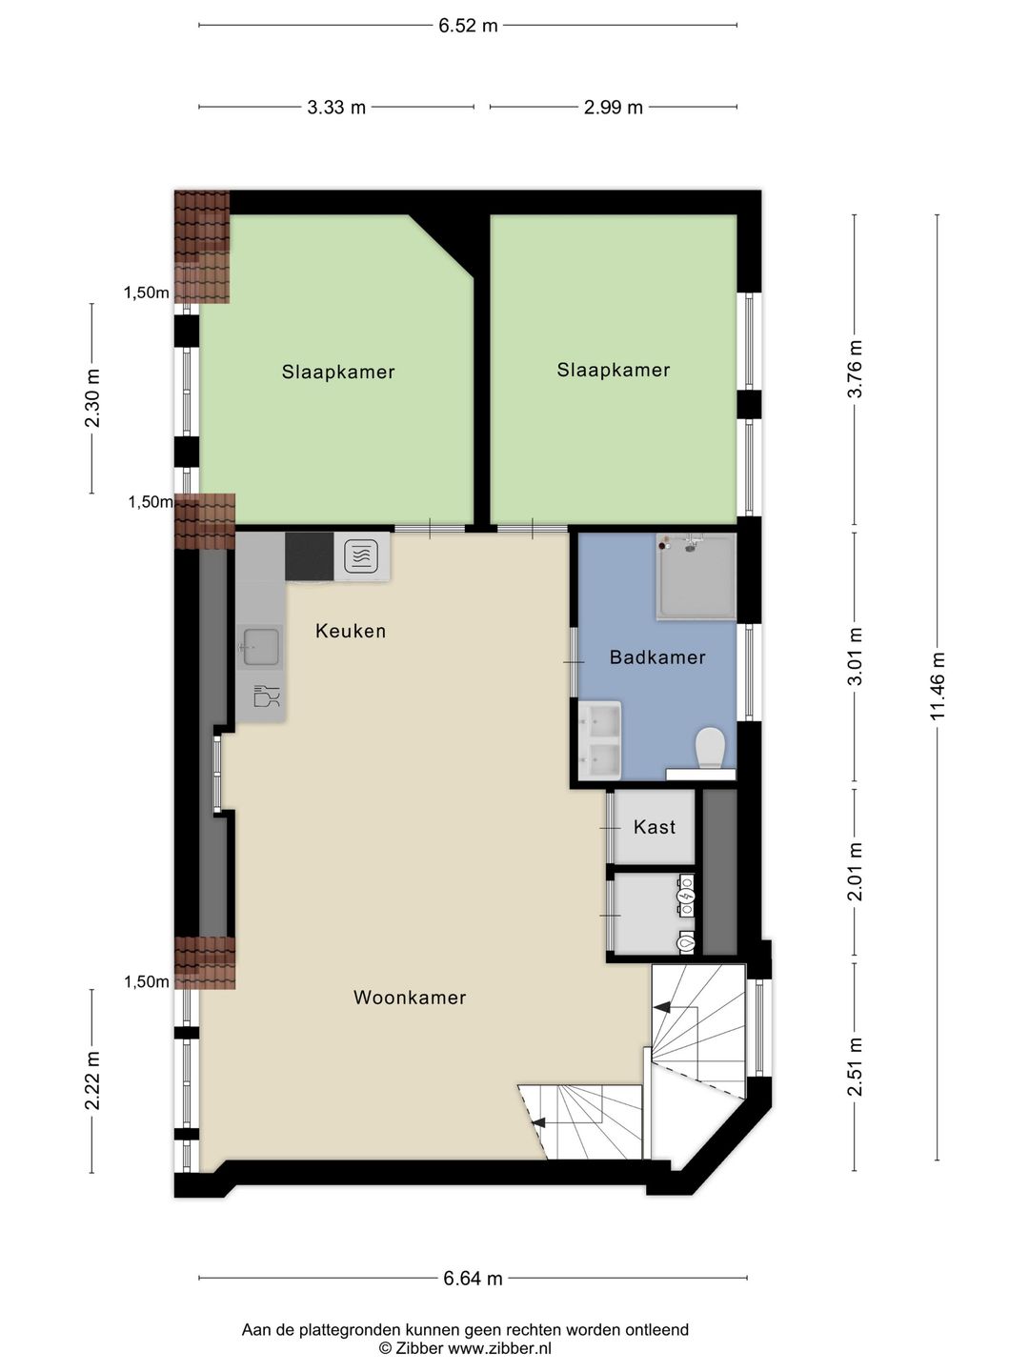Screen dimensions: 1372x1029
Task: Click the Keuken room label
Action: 351,631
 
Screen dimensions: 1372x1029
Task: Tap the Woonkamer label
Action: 410,998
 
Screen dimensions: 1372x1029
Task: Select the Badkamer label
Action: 657,657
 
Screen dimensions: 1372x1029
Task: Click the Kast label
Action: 655,827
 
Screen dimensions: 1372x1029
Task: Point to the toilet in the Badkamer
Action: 710,748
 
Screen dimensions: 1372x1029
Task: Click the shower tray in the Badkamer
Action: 696,576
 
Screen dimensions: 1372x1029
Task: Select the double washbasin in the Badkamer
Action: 600,740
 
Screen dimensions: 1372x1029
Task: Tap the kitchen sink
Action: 260,647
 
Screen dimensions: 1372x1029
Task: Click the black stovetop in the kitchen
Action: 310,556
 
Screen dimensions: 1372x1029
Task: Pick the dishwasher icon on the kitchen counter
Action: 267,696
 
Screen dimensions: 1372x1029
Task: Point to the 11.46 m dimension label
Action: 938,686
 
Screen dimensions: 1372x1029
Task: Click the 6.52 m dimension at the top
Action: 468,26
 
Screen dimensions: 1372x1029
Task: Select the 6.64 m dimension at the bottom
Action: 473,1279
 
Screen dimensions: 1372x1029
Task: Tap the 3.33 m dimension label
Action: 336,108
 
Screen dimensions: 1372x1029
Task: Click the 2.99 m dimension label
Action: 614,108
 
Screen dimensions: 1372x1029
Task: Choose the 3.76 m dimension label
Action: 855,369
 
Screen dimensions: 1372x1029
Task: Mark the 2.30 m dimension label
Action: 92,397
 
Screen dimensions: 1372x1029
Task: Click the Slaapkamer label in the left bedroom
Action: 338,373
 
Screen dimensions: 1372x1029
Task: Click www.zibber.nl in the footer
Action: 499,1348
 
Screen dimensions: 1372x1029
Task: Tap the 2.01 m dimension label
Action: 855,872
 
